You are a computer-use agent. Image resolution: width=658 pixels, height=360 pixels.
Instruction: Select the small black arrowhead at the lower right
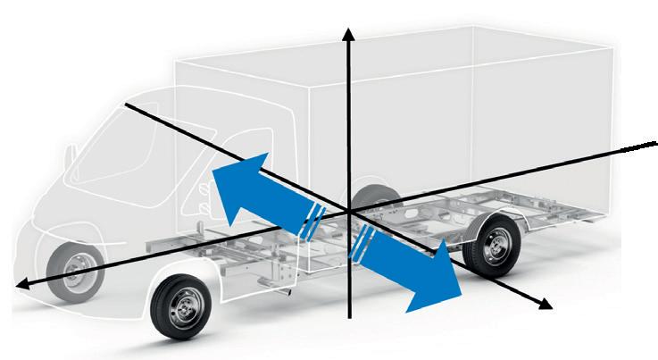544,304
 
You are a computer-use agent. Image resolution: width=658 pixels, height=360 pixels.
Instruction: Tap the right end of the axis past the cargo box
654,142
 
